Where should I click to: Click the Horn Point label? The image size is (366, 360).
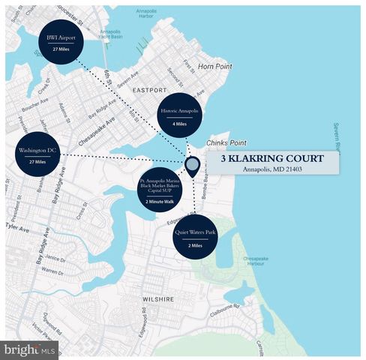pyautogui.click(x=214, y=67)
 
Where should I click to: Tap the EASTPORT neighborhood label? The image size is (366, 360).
pyautogui.click(x=150, y=89)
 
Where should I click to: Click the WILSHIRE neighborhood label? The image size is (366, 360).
pyautogui.click(x=157, y=298)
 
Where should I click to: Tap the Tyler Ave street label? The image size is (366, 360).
pyautogui.click(x=15, y=226)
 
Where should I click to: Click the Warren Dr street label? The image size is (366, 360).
pyautogui.click(x=52, y=270)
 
